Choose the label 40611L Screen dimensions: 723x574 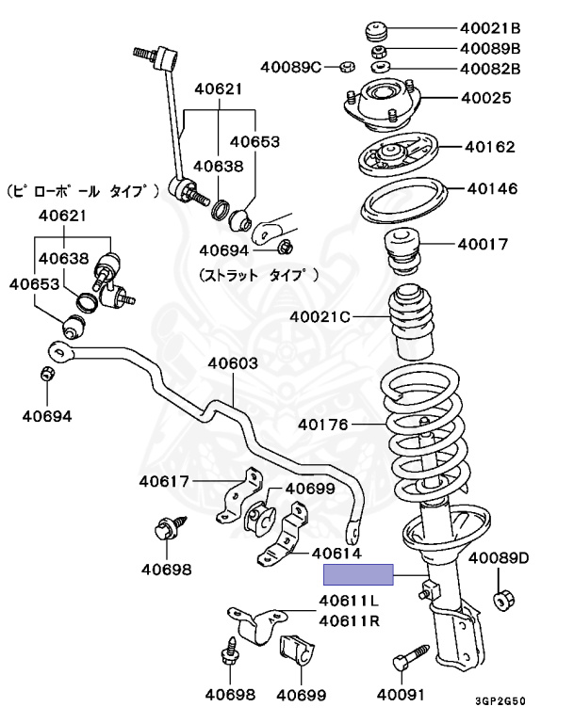pos(349,601)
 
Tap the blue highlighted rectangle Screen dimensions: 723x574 pos(358,575)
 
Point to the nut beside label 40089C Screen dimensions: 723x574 pos(345,67)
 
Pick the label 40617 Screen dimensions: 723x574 pos(164,482)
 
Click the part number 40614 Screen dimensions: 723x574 pos(336,554)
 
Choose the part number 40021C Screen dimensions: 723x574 pos(320,316)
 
